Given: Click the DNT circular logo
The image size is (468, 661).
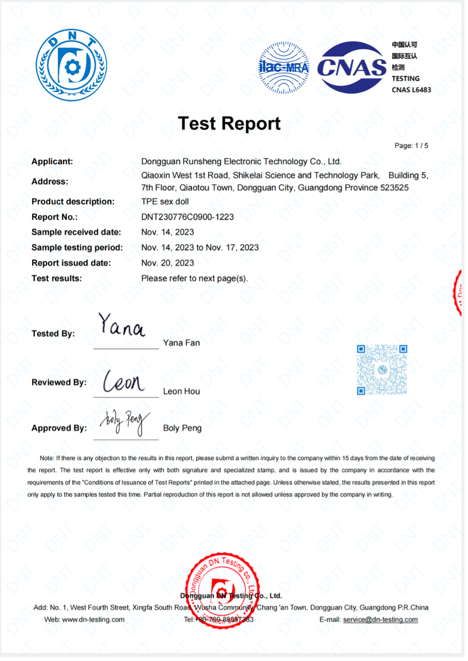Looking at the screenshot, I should tap(71, 66).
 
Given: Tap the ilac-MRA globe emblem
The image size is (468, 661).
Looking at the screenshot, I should tap(285, 67).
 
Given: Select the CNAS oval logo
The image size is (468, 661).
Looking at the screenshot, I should tap(352, 67).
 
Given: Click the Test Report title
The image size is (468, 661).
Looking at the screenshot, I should tap(229, 123).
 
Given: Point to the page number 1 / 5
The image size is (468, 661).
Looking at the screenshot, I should tap(412, 146).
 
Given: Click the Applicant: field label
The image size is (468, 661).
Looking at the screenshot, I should tap(52, 161).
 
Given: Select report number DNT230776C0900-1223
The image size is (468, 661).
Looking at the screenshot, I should tap(187, 217).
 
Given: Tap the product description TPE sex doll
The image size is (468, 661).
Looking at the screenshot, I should tap(165, 201).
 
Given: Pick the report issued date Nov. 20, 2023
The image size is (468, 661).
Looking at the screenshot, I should tap(167, 263).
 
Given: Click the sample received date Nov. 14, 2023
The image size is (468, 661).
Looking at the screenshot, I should tap(167, 232).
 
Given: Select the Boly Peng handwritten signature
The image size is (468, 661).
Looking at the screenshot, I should tap(125, 423).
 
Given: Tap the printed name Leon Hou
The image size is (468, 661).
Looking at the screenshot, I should tap(181, 391).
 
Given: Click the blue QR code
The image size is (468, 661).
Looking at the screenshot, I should tap(382, 370).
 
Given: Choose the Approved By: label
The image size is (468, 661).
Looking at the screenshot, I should tap(59, 428).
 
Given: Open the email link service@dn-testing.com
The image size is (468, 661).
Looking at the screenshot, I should tap(380, 620).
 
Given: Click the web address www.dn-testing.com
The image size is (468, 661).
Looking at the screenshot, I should tap(93, 620).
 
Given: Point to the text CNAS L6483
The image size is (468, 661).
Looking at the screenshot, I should tap(411, 90).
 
